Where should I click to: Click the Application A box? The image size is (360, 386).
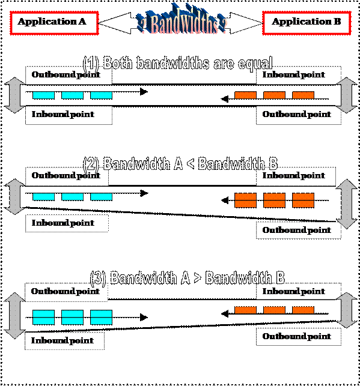[54, 23]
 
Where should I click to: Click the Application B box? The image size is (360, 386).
[307, 23]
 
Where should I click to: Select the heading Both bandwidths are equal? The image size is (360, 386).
[178, 63]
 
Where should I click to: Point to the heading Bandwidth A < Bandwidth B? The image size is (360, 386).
[180, 163]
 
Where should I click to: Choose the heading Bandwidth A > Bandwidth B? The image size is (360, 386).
[188, 278]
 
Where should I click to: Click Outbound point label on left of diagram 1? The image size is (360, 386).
[66, 74]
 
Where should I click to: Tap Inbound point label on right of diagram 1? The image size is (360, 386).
[293, 74]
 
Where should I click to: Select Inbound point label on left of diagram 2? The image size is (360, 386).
[63, 223]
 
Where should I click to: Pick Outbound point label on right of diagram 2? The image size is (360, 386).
[296, 230]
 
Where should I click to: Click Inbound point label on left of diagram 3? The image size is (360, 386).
[63, 340]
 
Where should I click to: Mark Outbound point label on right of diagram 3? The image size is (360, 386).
[296, 336]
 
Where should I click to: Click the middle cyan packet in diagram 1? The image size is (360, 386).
[72, 95]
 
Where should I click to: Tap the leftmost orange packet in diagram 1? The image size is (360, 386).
[245, 95]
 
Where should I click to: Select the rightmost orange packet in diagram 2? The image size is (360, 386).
[303, 201]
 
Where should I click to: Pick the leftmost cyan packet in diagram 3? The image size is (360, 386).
[44, 318]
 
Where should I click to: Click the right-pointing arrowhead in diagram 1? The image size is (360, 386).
[144, 92]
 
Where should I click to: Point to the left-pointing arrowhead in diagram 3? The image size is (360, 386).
[225, 313]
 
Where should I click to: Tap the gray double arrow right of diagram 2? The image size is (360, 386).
[346, 204]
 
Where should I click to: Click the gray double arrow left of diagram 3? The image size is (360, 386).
[14, 316]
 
